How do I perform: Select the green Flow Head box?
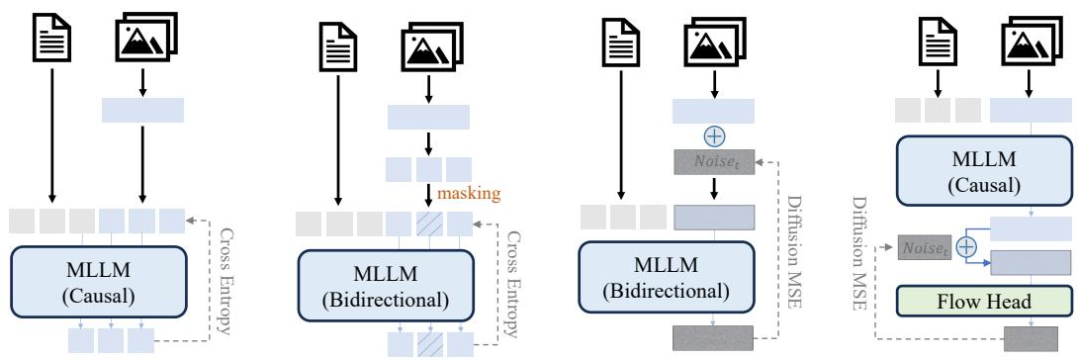coord(984,301)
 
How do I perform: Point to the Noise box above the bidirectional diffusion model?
coord(715,162)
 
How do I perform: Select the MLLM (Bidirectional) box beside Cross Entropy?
coord(386,285)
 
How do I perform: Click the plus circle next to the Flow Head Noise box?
coord(967,246)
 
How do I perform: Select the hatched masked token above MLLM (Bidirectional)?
coord(429,224)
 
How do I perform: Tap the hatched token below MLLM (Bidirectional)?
coord(429,344)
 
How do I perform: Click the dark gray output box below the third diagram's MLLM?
coord(713,338)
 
